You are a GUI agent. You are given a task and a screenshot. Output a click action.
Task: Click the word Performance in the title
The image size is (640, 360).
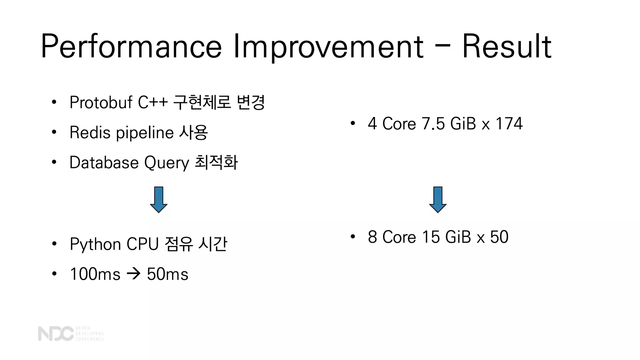[x=131, y=47]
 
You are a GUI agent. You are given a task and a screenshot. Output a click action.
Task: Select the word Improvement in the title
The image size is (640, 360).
[x=328, y=47]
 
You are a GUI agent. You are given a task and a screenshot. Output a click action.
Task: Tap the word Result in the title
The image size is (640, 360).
[x=507, y=47]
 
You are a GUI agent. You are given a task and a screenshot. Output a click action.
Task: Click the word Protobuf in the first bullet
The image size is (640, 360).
[x=101, y=102]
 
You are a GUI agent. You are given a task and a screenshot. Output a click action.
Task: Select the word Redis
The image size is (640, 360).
[x=90, y=132]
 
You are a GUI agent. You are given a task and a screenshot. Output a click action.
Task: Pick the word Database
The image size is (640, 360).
[x=104, y=162]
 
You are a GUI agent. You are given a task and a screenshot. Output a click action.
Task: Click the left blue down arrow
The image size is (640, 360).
[x=159, y=200]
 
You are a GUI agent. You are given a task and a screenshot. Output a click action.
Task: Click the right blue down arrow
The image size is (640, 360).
[x=438, y=200]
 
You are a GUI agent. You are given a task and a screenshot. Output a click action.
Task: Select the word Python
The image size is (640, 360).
[x=95, y=244]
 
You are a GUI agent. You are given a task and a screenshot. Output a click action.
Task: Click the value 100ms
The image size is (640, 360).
[x=95, y=274]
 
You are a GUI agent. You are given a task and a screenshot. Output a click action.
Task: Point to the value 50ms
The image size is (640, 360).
[x=167, y=274]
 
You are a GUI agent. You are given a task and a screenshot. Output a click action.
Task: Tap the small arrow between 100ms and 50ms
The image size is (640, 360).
[x=134, y=274]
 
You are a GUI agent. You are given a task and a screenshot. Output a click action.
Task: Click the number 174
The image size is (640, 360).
[x=509, y=123]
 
